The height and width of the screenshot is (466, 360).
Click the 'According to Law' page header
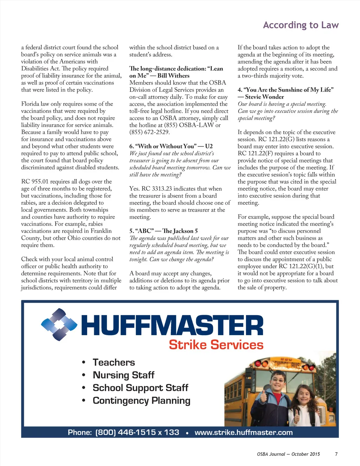pyautogui.click(x=301, y=25)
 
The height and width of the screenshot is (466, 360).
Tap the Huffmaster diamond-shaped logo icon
pyautogui.click(x=59, y=325)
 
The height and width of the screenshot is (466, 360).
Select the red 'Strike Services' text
pyautogui.click(x=216, y=345)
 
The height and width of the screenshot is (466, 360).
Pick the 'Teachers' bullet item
pyautogui.click(x=114, y=362)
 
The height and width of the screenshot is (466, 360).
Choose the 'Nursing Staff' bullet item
pyautogui.click(x=123, y=375)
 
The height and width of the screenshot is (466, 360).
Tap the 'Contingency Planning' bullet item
pyautogui.click(x=141, y=401)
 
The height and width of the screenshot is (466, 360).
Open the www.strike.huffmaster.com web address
pyautogui.click(x=243, y=432)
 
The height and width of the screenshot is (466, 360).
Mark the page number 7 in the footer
pyautogui.click(x=336, y=454)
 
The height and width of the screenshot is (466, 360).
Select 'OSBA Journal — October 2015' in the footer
pyautogui.click(x=288, y=454)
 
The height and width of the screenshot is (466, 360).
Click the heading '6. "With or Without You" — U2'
pyautogui.click(x=171, y=146)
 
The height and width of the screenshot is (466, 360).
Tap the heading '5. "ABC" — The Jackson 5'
pyautogui.click(x=163, y=231)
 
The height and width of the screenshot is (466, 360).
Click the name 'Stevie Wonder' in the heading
pyautogui.click(x=264, y=97)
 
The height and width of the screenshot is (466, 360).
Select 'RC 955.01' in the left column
pyautogui.click(x=34, y=181)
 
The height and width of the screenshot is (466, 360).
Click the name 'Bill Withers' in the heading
pyautogui.click(x=173, y=76)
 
